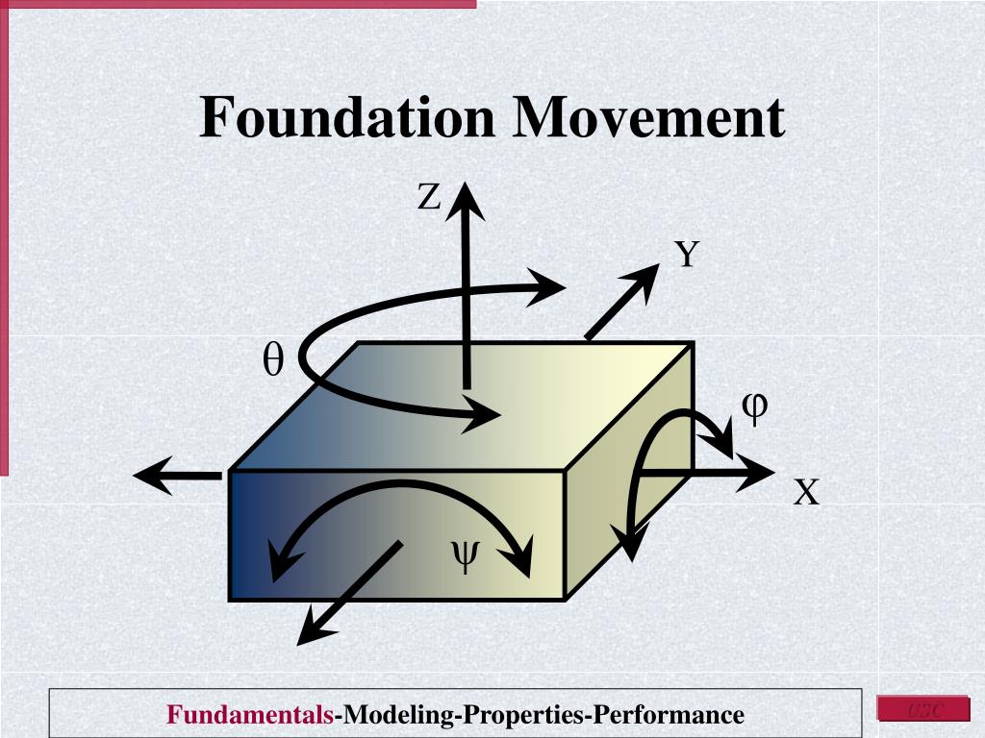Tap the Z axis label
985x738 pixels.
point(428,198)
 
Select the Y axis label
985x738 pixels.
point(686,256)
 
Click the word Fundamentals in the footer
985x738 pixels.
point(250,715)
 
